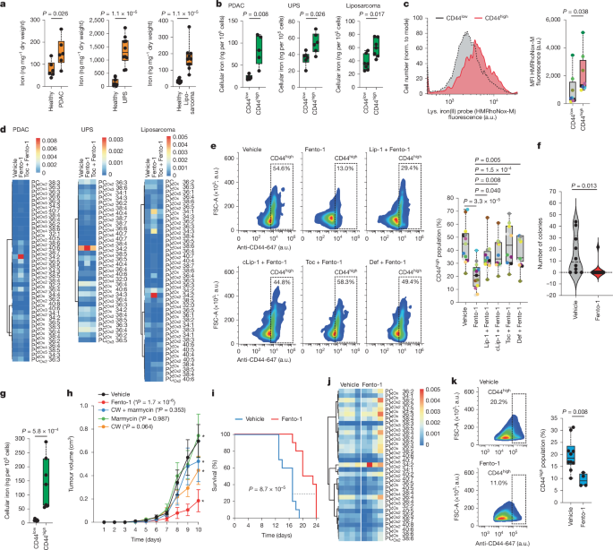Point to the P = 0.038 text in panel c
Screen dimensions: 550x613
click(x=578, y=14)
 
